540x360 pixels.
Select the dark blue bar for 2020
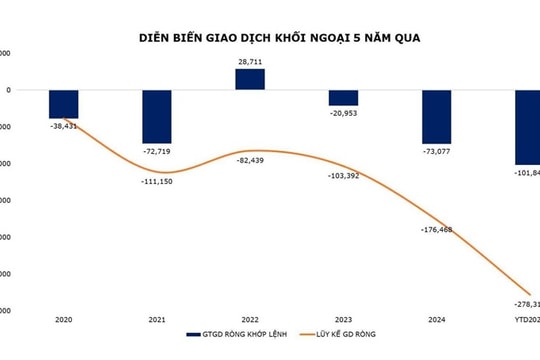click(x=64, y=104)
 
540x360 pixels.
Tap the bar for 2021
click(x=157, y=116)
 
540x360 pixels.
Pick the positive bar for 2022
click(x=250, y=79)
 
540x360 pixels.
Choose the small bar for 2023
click(x=343, y=97)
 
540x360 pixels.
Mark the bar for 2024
click(x=436, y=116)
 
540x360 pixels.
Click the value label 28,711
click(x=250, y=62)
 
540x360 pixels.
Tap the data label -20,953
click(x=343, y=113)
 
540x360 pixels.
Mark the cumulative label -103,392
click(x=344, y=176)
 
